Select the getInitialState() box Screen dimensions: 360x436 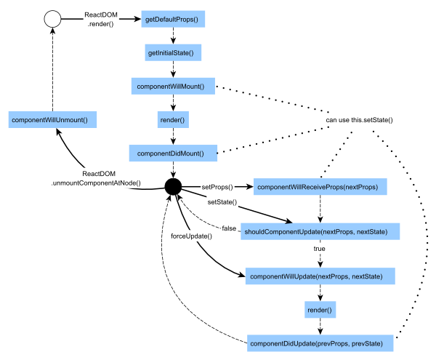tap(173, 53)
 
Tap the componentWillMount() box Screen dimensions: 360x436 tap(173, 87)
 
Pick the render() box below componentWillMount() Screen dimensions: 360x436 tap(173, 120)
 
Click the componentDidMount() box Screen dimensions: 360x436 tap(173, 153)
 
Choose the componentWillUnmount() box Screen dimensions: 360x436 tap(54, 119)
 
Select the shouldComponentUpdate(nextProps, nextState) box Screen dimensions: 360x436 tap(320, 232)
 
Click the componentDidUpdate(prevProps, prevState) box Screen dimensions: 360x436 tap(320, 343)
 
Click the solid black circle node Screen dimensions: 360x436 tap(172, 187)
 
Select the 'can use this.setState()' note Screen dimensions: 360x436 tap(359, 119)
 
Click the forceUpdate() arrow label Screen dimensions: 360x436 tap(191, 236)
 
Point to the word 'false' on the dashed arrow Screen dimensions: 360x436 tap(230, 229)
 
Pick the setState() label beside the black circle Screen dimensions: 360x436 tap(222, 201)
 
